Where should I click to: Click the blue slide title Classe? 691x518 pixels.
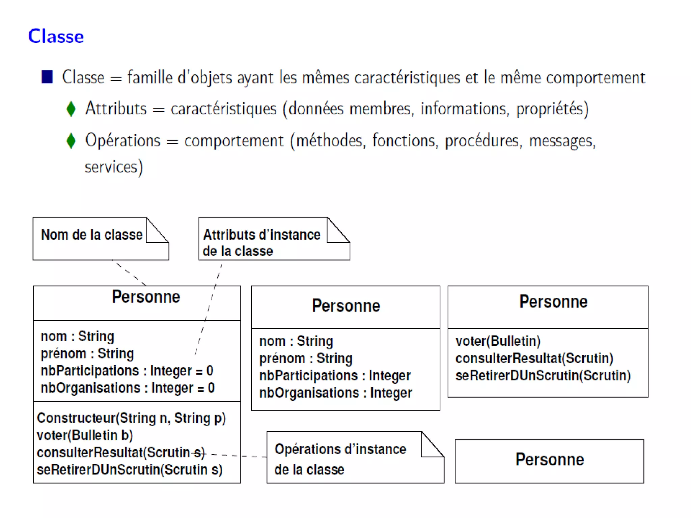[x=56, y=36]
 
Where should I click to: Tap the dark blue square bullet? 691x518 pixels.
[x=47, y=77]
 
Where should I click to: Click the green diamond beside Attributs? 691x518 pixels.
[x=71, y=109]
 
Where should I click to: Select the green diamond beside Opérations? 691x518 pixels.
[x=71, y=141]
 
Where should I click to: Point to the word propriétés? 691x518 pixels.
[x=552, y=109]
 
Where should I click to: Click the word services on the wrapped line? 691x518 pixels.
[x=111, y=167]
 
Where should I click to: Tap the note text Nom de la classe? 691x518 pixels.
[x=92, y=235]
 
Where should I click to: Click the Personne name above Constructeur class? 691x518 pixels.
[x=146, y=297]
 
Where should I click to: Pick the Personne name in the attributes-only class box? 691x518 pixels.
[x=346, y=306]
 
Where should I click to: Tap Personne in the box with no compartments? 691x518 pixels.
[x=549, y=459]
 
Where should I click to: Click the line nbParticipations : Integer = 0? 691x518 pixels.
[x=127, y=371]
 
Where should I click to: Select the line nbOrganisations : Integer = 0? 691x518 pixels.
[x=128, y=388]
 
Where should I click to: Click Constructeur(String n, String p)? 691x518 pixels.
[x=131, y=418]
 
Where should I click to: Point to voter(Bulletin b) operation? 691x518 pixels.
[x=85, y=435]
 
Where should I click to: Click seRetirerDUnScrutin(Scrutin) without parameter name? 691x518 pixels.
[x=543, y=376]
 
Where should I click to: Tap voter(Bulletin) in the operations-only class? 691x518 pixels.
[x=498, y=341]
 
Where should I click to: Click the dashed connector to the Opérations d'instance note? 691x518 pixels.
[x=240, y=456]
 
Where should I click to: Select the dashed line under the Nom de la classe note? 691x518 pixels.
[x=130, y=273]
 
